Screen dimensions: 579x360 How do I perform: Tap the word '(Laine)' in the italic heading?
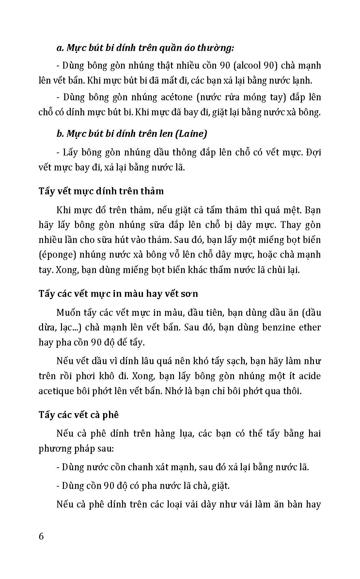pos(191,134)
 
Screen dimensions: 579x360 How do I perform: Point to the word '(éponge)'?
pos(57,255)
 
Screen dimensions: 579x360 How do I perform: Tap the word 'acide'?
pos(309,376)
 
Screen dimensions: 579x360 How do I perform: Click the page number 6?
pos(41,536)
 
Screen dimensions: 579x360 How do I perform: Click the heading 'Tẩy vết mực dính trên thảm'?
pos(101,191)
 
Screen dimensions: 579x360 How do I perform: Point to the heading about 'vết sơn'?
pos(118,294)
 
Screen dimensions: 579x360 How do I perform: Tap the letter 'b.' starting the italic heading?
pos(60,134)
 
